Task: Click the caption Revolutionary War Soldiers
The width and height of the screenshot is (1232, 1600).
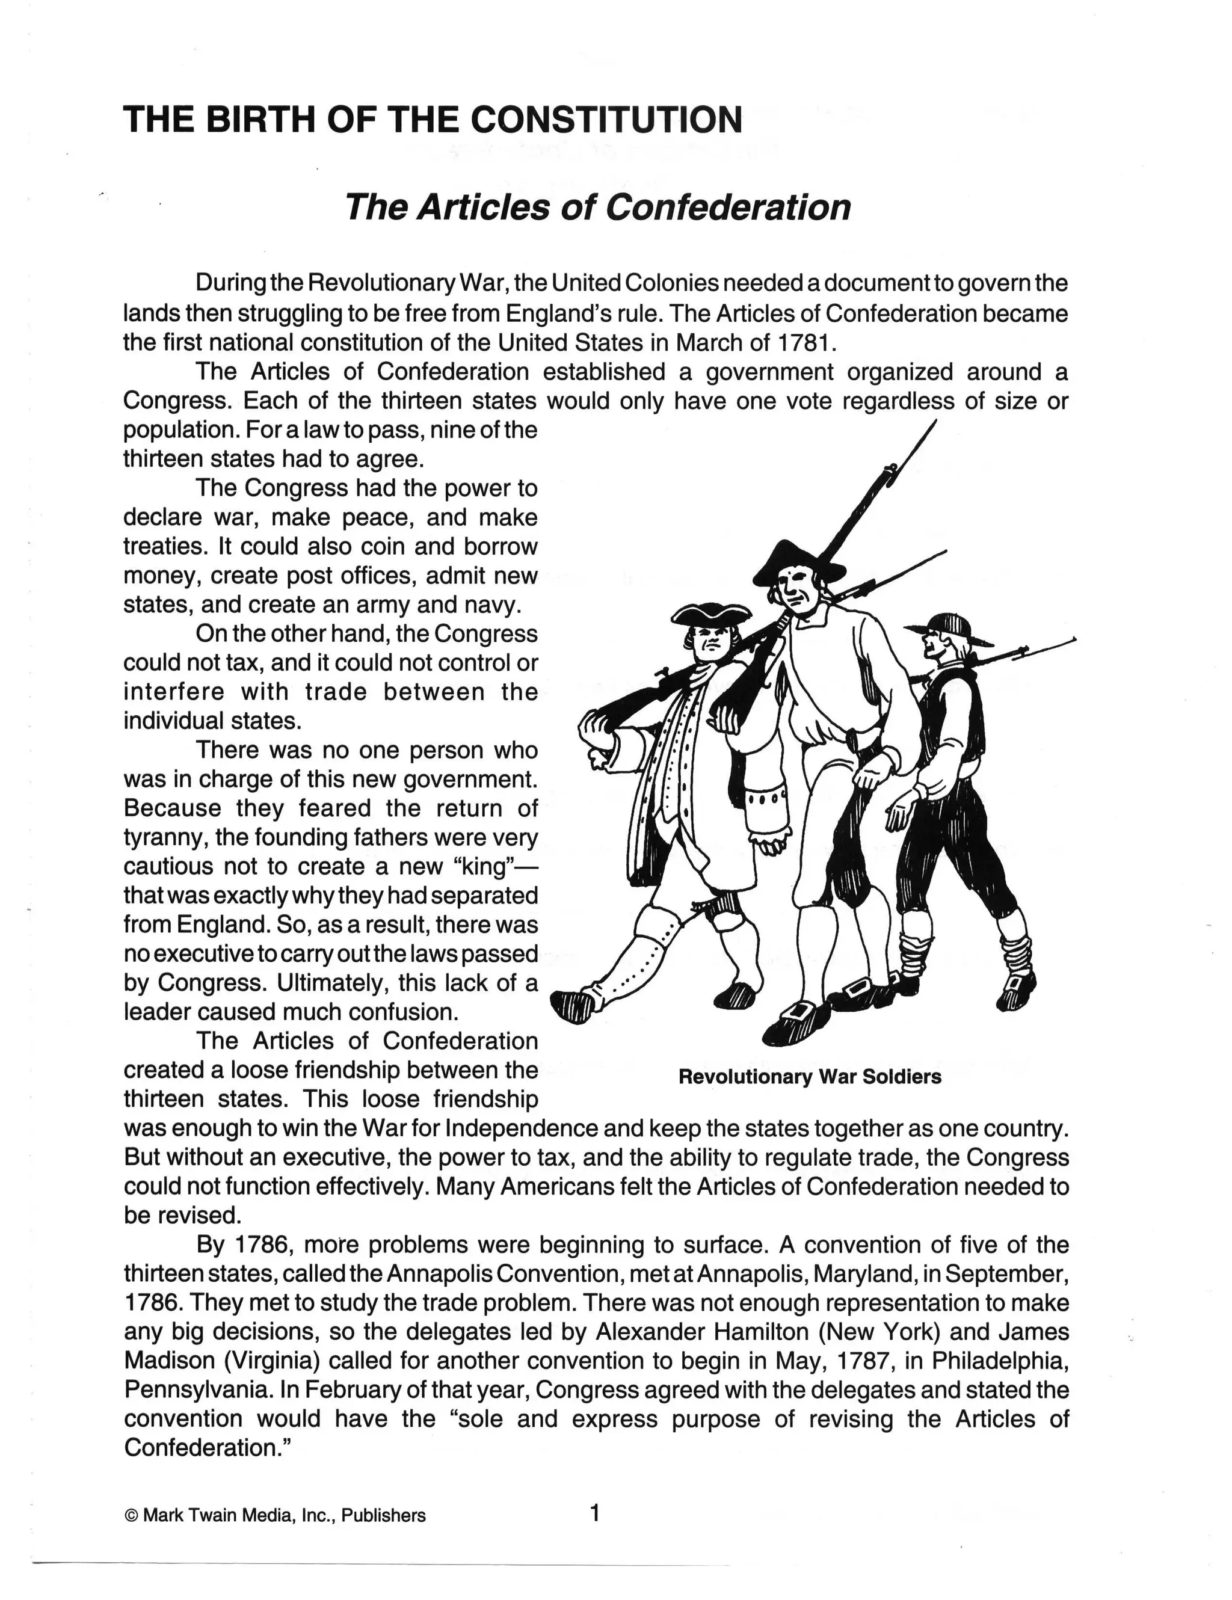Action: coord(809,1077)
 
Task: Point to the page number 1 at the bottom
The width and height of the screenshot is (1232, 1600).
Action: coord(594,1512)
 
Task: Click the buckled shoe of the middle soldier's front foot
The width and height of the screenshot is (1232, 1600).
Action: coord(798,1021)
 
